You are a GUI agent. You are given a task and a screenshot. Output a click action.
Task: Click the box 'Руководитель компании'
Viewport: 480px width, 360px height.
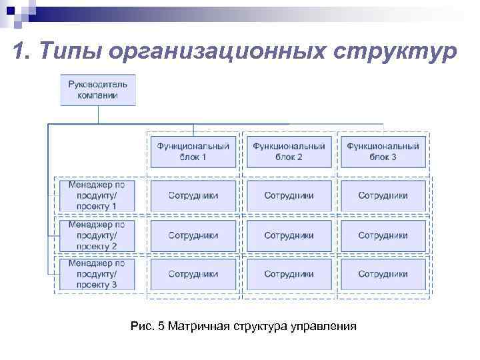[98, 89]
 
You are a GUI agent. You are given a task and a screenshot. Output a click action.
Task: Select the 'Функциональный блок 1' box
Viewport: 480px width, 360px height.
[193, 151]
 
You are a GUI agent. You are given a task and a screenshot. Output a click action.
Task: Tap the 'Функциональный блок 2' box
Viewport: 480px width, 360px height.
[289, 151]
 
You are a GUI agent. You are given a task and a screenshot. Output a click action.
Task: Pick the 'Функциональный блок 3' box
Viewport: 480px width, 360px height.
[383, 151]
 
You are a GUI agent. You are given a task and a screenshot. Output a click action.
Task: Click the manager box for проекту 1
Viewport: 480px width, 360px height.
[97, 196]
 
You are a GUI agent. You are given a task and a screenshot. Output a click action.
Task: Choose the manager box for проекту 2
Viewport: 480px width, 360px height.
[97, 235]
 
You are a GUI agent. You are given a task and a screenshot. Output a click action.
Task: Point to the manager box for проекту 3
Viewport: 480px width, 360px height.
[97, 274]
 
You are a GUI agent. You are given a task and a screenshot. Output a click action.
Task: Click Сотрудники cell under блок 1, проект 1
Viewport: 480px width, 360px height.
[193, 196]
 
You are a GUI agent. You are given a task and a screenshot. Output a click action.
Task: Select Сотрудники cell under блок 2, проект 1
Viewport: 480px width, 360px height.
[289, 196]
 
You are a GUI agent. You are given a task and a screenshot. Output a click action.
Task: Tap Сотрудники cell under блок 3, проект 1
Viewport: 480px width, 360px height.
[383, 196]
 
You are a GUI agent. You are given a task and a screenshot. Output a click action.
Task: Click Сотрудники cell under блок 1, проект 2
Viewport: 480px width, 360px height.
[193, 235]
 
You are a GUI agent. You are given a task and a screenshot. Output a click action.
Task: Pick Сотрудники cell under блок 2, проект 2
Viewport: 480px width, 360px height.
[289, 235]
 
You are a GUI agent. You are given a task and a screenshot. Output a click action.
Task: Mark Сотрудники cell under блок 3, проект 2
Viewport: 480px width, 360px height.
[383, 235]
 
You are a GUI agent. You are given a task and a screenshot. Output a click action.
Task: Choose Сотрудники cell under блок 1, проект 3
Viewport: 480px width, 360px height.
[193, 274]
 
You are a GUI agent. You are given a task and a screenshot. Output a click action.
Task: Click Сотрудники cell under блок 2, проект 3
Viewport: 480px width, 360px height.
[289, 274]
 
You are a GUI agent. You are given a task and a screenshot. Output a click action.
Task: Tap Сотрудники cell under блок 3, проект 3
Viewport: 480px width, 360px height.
[383, 274]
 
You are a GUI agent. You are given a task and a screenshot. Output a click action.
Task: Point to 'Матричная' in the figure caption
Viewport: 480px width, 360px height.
[199, 327]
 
